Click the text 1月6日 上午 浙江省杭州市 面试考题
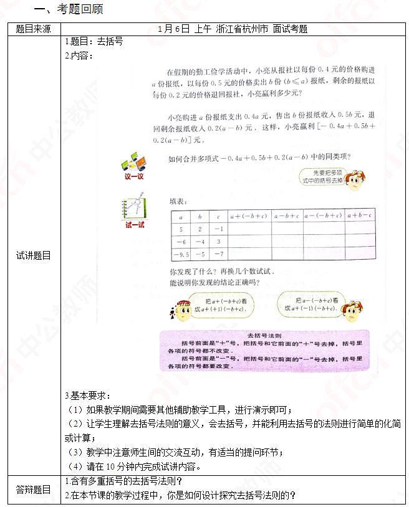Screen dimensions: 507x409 [233, 29]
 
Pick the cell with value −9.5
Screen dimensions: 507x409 [181, 253]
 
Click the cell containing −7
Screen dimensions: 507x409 [218, 253]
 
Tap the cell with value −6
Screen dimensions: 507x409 [181, 241]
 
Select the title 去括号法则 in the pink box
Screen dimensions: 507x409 [264, 334]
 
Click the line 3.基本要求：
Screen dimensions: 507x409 [89, 396]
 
